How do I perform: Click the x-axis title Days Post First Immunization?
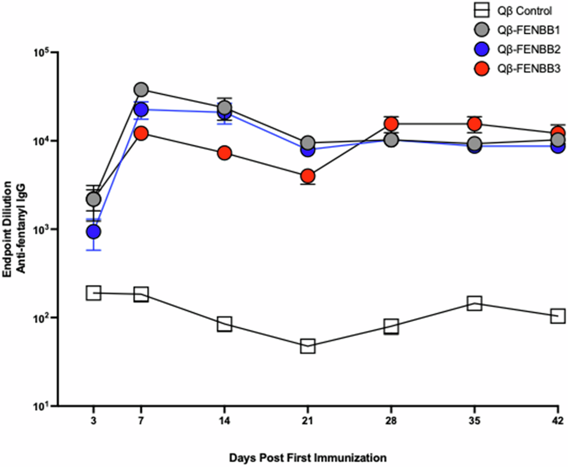(x=308, y=458)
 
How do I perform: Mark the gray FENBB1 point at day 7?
(x=141, y=90)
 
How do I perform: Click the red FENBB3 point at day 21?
(x=308, y=176)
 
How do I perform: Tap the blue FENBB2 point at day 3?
(x=93, y=231)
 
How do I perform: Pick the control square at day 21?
(x=308, y=346)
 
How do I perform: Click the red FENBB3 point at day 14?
(x=224, y=153)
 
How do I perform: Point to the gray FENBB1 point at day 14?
(x=224, y=108)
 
